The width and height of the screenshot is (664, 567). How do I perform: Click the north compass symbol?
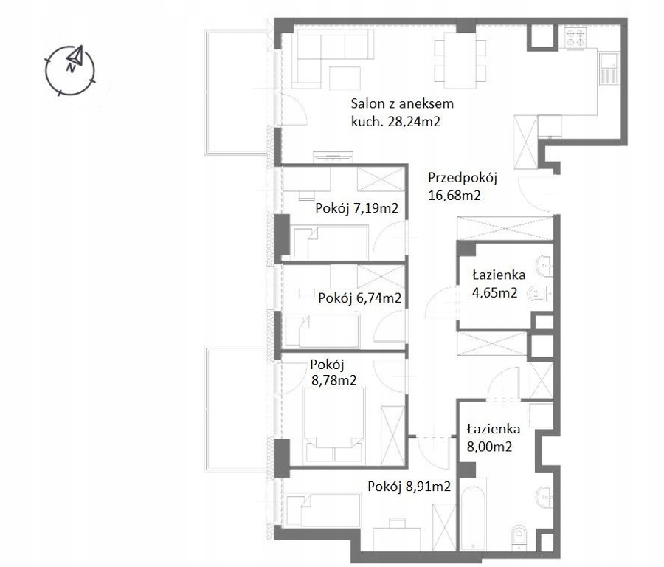(x=70, y=70)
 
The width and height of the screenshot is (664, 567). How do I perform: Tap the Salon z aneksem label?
(x=402, y=103)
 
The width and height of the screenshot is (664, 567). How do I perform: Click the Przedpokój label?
(x=463, y=178)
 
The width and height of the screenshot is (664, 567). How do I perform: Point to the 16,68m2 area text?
(x=454, y=196)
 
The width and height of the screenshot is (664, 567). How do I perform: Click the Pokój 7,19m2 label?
(x=356, y=208)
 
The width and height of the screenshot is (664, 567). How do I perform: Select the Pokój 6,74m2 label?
(x=359, y=298)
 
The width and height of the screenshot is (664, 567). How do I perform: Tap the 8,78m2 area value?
(x=333, y=380)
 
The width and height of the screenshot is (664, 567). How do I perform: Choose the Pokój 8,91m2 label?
(x=409, y=487)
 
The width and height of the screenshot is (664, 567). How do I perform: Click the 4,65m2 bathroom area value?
(x=494, y=293)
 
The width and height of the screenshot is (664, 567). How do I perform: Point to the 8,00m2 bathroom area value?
(x=489, y=447)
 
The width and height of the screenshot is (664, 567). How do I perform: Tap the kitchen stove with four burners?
(x=575, y=37)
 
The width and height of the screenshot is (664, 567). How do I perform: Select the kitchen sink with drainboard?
(x=609, y=69)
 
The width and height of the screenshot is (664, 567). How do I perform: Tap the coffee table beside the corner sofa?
(x=345, y=78)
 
